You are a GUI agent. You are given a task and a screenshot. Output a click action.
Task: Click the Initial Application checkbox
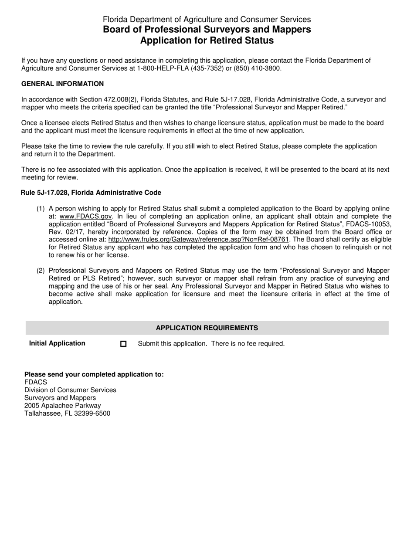tap(123, 344)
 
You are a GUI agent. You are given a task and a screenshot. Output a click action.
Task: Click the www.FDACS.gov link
tap(85, 216)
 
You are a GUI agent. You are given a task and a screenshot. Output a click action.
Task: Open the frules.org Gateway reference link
tap(198, 240)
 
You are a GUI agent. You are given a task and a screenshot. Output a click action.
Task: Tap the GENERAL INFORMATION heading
tap(62, 84)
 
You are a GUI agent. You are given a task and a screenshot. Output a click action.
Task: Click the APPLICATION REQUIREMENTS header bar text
tap(207, 328)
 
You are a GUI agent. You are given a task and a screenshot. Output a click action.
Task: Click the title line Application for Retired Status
tap(207, 41)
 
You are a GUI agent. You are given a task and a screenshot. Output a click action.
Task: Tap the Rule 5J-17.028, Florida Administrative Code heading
tap(91, 193)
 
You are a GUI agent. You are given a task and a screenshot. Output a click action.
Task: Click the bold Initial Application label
tap(57, 343)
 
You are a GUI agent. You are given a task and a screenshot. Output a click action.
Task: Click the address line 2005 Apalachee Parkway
tap(62, 405)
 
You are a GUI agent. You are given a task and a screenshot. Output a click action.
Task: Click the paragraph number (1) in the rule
tap(41, 208)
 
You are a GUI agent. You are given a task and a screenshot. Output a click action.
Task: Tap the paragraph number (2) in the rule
tap(41, 271)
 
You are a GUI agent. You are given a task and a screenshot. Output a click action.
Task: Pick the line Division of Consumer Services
tap(70, 390)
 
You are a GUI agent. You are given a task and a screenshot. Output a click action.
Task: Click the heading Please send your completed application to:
tap(94, 374)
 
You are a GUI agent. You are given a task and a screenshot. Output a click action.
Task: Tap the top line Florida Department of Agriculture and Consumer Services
tap(207, 20)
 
